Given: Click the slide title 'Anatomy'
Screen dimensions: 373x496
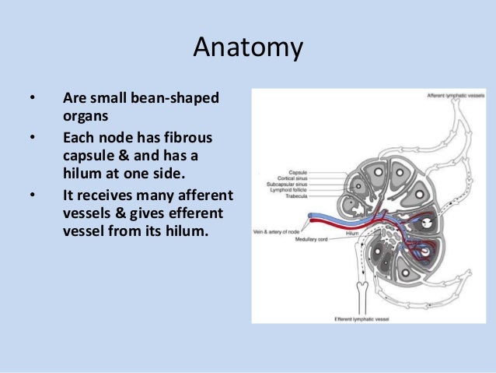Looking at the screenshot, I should click(247, 48).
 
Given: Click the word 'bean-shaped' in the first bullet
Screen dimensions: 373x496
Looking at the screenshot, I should click(183, 99).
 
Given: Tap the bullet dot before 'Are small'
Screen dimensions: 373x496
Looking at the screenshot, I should click(32, 100).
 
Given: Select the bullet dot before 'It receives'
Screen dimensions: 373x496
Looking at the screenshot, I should click(32, 193).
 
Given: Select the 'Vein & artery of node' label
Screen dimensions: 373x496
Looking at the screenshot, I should click(277, 230).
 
